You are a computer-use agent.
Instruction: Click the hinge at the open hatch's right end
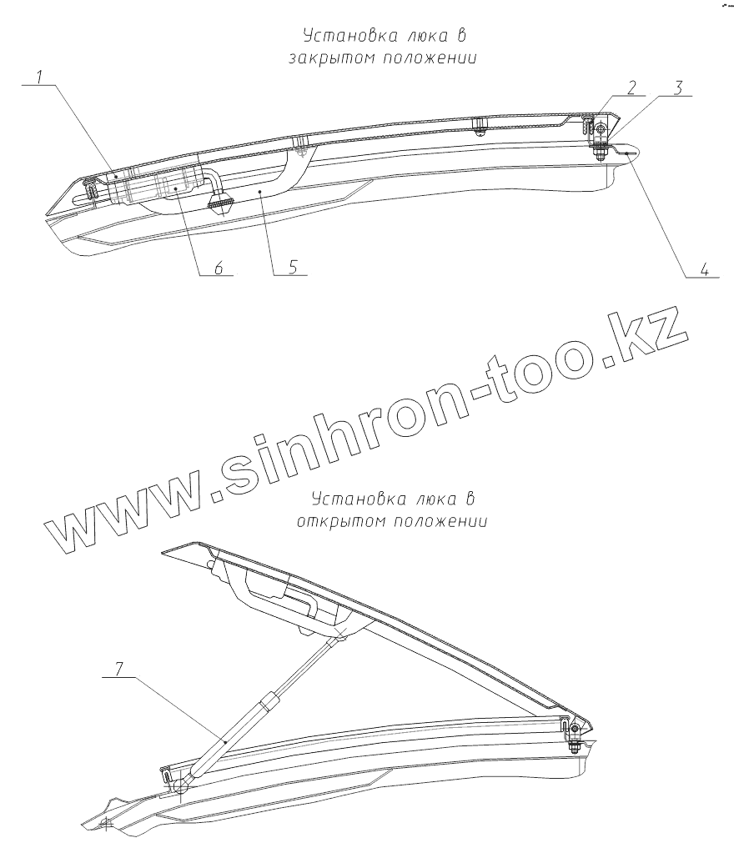pos(572,728)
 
